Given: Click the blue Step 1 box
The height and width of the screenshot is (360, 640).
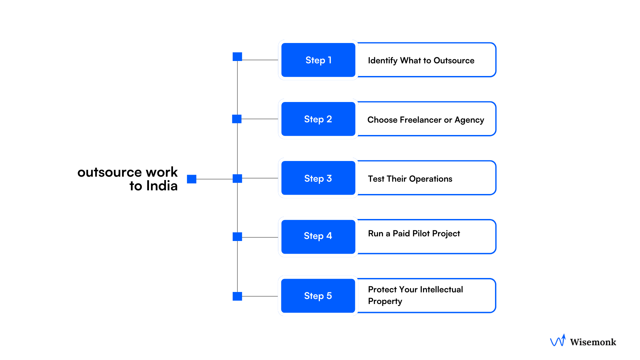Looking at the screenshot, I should [x=318, y=60].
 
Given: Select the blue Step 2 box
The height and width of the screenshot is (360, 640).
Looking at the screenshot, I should [x=318, y=119].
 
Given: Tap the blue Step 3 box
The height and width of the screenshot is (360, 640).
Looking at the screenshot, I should [x=318, y=178].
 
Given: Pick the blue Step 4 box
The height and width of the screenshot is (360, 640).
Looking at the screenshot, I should [x=318, y=237].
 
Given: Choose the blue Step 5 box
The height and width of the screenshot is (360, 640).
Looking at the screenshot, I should [x=318, y=296].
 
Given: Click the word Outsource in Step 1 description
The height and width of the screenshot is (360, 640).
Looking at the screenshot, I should [x=454, y=61].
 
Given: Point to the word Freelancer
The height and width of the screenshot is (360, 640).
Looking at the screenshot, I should [x=421, y=120].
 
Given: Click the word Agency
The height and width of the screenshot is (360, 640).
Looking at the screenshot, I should [x=469, y=120].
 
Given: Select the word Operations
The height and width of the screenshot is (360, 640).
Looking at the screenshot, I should [x=431, y=179].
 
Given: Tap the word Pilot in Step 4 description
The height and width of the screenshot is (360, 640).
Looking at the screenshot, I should [x=421, y=233].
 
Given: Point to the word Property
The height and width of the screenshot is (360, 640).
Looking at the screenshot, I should [x=385, y=301].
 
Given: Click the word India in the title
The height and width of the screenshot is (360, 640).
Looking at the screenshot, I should [x=162, y=186].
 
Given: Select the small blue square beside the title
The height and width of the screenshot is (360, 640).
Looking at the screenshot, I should [x=192, y=179].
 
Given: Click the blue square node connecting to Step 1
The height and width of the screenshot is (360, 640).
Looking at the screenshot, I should [x=237, y=57].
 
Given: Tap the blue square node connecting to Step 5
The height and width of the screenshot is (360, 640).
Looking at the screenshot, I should [x=237, y=296].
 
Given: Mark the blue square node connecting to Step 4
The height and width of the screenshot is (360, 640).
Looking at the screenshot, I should [x=237, y=237].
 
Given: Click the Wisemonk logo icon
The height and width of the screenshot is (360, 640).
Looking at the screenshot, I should [x=558, y=341].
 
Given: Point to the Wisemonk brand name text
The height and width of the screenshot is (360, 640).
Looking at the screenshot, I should [x=593, y=342].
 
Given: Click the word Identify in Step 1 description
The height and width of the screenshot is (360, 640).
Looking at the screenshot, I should [x=382, y=61].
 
